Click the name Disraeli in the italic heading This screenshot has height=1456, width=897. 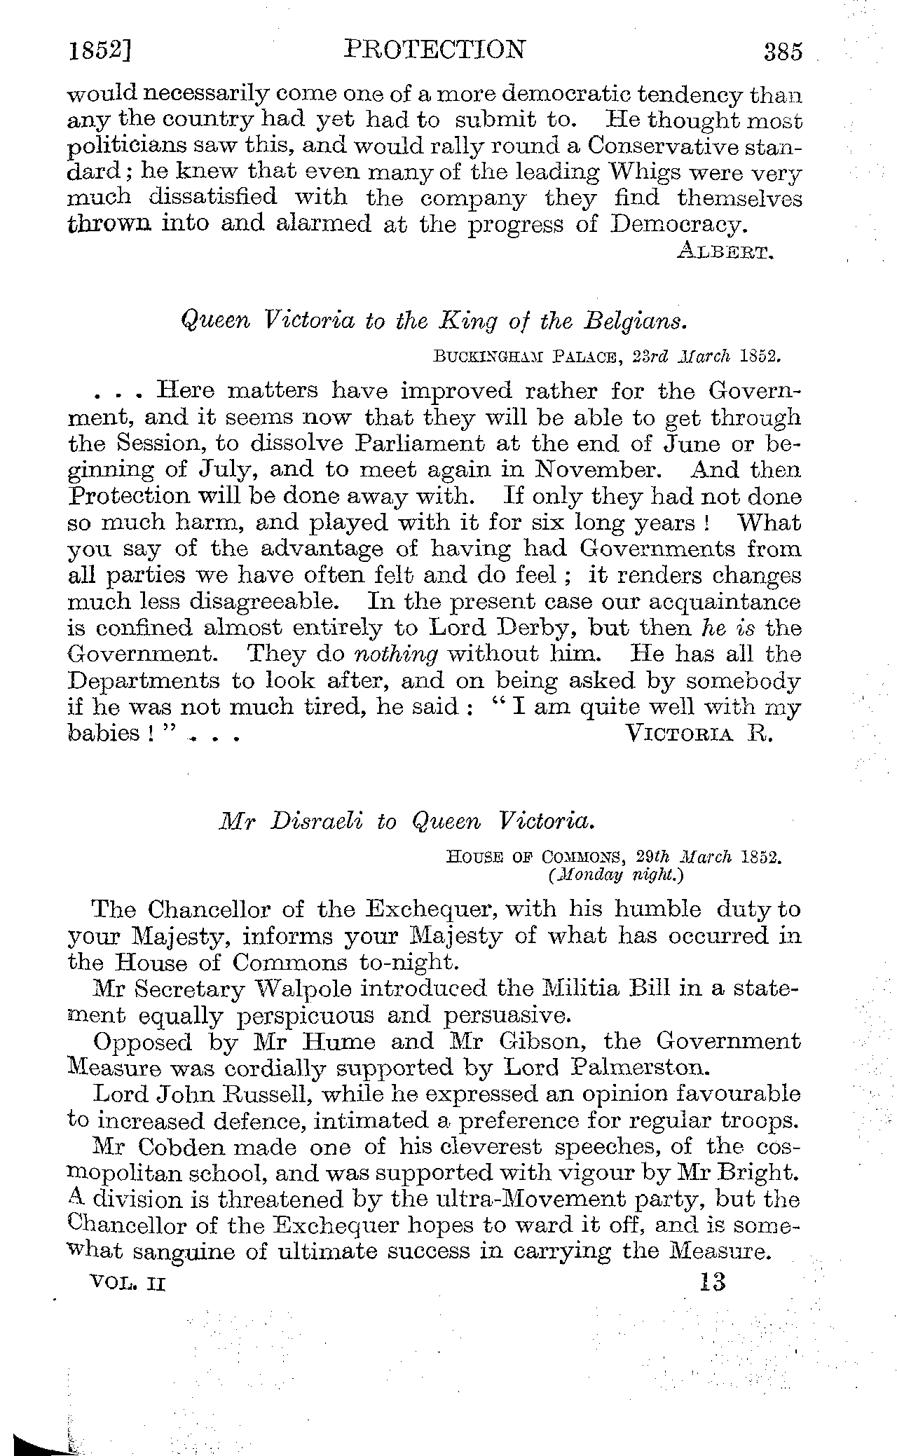317,820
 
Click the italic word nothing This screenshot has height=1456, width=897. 397,654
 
